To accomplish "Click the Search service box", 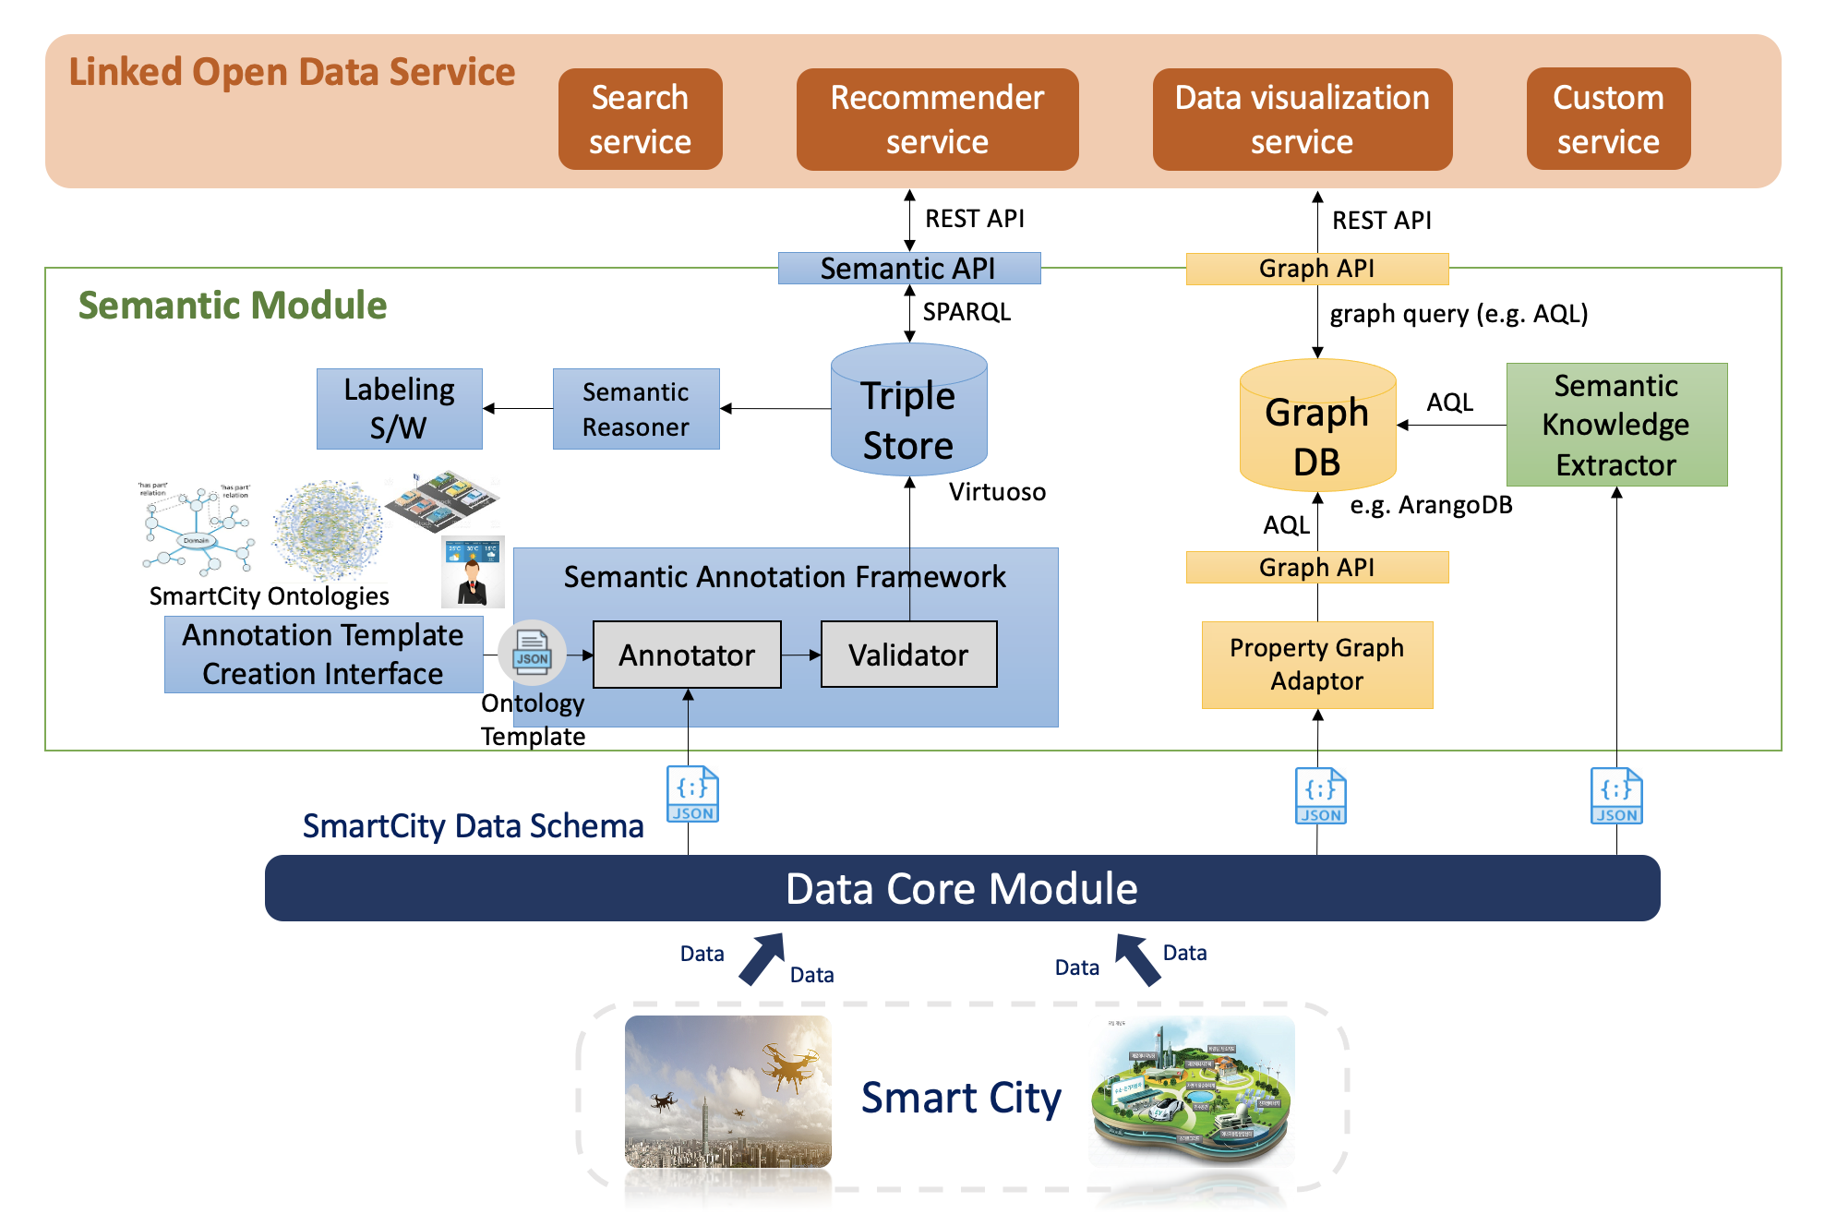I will coord(640,119).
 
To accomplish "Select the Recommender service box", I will coord(937,119).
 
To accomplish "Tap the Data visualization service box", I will coord(1302,119).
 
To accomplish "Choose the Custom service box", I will coord(1608,119).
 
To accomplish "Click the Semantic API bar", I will coord(908,268).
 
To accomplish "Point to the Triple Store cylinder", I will coord(908,415).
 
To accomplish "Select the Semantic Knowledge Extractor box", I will coord(1615,425).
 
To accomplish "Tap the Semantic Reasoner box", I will coord(635,409).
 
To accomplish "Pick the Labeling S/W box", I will coord(399,409).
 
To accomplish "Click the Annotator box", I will coord(686,655).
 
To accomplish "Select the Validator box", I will coord(908,655).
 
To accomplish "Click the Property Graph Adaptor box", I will coord(1316,665).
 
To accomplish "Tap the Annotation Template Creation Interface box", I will coord(323,655).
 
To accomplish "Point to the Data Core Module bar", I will coord(961,888).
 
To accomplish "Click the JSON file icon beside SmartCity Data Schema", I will coord(692,794).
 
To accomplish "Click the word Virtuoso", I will coord(997,491).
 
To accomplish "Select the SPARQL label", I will coord(967,312).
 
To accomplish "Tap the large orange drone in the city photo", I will coord(789,1065).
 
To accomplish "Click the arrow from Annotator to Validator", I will coord(800,655).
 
